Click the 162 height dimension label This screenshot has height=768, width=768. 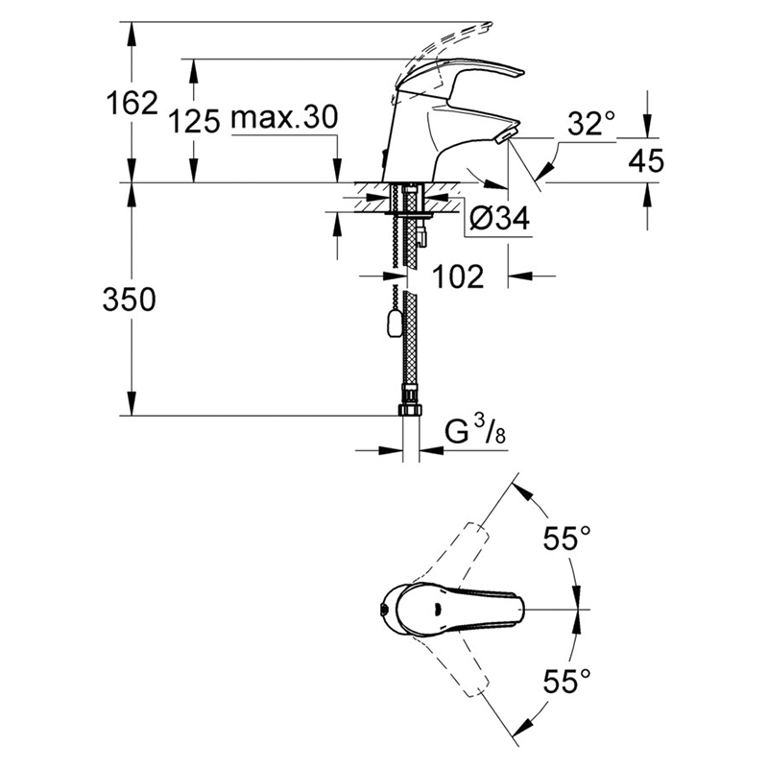132,103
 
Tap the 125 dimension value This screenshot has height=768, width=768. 195,121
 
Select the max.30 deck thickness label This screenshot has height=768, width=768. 284,117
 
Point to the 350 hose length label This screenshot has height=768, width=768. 130,300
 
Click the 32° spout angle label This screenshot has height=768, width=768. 591,123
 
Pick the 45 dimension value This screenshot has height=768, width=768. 646,160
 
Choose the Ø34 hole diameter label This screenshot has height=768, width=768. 499,218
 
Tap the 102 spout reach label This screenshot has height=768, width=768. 458,276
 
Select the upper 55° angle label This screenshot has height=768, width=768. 566,539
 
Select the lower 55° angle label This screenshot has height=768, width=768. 566,681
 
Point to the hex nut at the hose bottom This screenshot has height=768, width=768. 411,409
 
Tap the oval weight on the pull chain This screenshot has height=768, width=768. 394,324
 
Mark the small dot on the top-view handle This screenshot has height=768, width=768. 435,610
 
